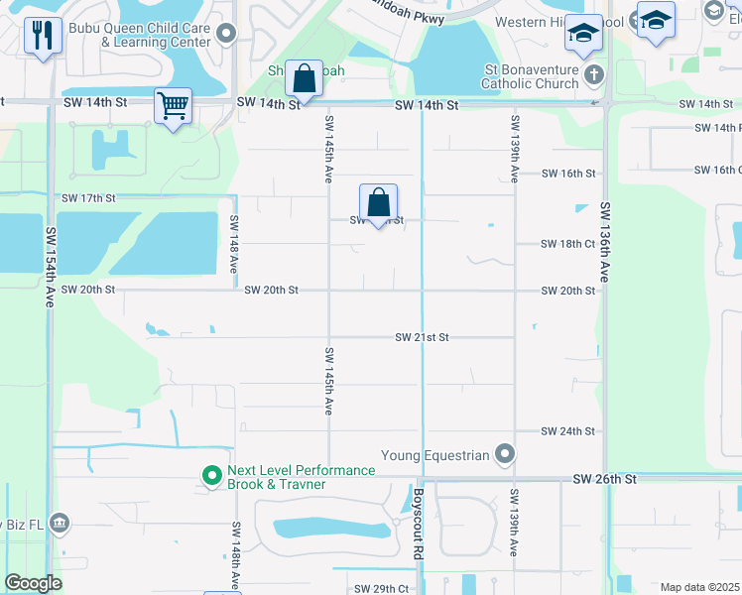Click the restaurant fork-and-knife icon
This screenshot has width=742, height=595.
click(42, 37)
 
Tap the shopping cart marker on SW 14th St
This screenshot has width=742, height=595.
click(174, 104)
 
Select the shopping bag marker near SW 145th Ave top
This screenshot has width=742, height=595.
click(304, 77)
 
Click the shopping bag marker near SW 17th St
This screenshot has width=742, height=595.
click(378, 203)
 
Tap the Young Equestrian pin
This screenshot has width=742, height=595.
click(506, 455)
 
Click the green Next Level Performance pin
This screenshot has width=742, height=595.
click(211, 477)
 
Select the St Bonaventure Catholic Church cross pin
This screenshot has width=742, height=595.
click(593, 75)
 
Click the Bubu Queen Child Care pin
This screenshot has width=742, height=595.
click(226, 35)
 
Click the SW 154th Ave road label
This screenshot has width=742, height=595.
click(49, 267)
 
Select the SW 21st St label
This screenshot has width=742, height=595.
click(423, 337)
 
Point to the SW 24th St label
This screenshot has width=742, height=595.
click(568, 431)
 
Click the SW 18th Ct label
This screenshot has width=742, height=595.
click(568, 244)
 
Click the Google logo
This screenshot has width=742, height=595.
click(34, 583)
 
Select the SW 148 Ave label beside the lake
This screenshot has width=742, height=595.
click(235, 245)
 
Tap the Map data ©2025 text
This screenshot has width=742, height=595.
click(699, 587)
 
